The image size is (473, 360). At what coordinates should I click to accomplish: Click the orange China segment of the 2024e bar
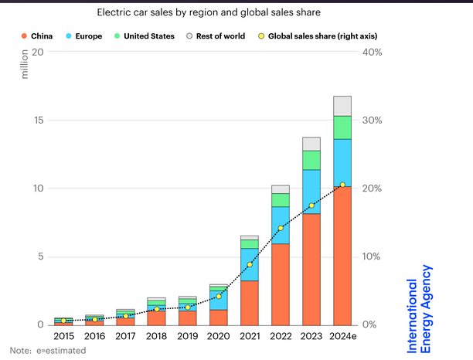pos(342,255)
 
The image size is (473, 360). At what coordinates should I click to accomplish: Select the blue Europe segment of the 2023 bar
pos(311,192)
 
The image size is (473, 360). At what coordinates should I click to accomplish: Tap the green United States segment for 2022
pos(281,200)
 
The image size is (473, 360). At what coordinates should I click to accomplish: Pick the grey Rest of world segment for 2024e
pos(342,106)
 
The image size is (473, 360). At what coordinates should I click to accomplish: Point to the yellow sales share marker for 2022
pos(281,228)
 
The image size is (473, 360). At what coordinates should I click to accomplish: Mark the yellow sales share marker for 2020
pos(219,296)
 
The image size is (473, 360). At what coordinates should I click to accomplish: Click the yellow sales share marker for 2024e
pos(342,185)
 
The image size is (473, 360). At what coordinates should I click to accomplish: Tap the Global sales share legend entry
pos(313,36)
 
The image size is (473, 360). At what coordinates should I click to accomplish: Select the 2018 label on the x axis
pos(156,337)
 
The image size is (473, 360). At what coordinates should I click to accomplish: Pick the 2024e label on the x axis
pos(342,337)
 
